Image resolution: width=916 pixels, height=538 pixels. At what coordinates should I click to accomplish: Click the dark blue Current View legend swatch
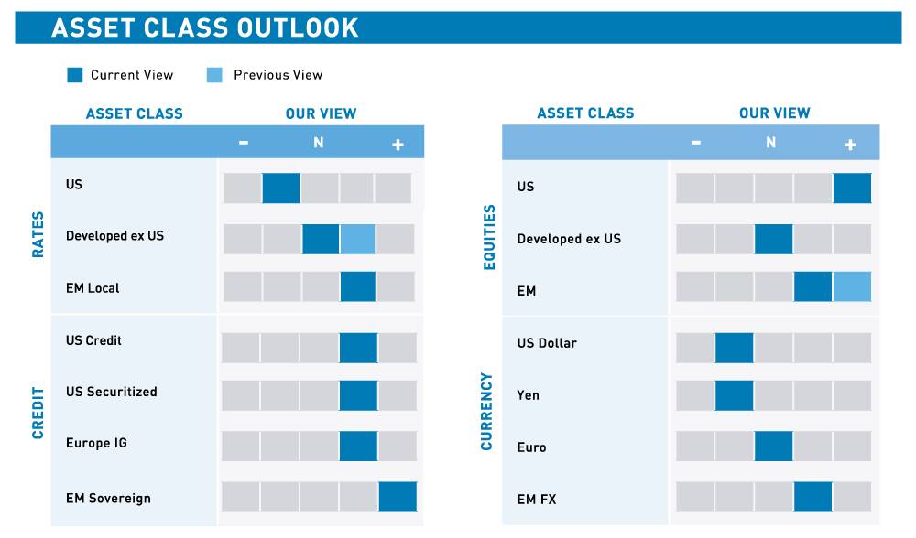[x=75, y=75]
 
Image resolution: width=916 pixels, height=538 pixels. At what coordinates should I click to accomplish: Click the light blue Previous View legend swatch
[x=214, y=75]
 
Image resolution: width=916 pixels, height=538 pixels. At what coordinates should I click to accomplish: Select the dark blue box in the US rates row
[x=281, y=188]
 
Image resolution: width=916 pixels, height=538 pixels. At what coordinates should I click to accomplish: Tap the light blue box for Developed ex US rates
[x=357, y=239]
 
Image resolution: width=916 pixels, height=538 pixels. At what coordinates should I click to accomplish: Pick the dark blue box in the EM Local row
[x=358, y=286]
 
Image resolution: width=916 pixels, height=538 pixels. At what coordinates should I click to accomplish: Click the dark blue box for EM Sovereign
[x=398, y=497]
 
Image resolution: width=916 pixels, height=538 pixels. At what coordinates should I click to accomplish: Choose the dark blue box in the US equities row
[x=852, y=188]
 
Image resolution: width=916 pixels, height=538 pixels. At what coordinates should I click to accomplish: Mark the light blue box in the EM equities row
[x=852, y=286]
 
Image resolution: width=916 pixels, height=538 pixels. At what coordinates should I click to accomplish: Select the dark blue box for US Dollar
[x=734, y=348]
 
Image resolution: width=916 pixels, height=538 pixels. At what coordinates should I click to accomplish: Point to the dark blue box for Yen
[x=734, y=395]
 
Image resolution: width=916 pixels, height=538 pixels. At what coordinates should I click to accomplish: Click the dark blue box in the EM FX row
[x=812, y=497]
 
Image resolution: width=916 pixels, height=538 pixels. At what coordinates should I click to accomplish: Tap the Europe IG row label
[x=96, y=444]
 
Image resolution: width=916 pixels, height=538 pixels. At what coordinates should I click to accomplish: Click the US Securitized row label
[x=111, y=392]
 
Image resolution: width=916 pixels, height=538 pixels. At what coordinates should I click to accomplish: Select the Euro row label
[x=531, y=447]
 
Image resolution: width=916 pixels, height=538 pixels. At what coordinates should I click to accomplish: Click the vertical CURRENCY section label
[x=486, y=411]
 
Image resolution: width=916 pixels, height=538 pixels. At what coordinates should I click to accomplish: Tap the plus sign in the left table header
[x=398, y=145]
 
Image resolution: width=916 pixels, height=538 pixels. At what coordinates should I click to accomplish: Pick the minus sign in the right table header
[x=696, y=143]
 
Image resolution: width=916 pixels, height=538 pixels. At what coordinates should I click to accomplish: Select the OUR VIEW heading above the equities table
[x=774, y=113]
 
